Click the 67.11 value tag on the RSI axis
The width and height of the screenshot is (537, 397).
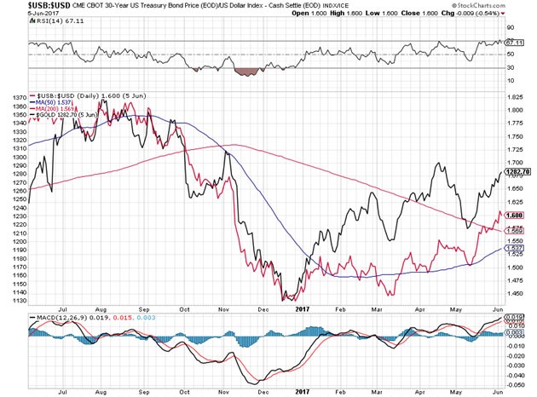pos(511,41)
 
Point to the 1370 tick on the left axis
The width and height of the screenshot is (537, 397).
pos(15,99)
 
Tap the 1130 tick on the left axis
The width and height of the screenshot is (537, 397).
pos(15,300)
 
